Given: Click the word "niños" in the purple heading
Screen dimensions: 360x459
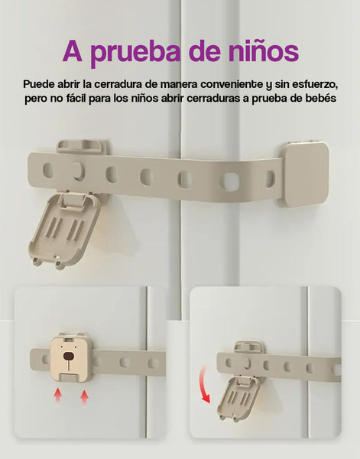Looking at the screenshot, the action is tap(263, 51).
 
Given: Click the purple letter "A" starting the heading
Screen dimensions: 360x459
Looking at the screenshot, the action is tap(73, 51).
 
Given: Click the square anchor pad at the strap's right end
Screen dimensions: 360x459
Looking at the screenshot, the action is tap(306, 174).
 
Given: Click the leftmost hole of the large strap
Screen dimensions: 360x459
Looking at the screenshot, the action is tap(47, 170).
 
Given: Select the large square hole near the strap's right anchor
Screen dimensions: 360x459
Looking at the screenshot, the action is tap(230, 181).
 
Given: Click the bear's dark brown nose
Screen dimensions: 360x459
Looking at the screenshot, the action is tap(69, 356).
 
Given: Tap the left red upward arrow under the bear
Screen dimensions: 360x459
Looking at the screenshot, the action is tap(58, 396).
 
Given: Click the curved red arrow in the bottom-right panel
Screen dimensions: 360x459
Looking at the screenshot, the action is tap(204, 385).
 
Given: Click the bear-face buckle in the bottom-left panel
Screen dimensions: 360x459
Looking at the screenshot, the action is tap(70, 358).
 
